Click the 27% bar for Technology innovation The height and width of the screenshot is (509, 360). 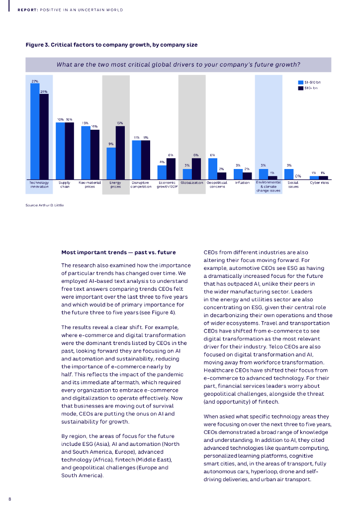[34, 131]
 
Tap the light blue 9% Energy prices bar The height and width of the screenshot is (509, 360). [111, 164]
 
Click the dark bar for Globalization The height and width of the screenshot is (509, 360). [196, 169]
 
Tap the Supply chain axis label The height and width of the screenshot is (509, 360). [65, 184]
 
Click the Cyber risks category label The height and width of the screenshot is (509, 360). [319, 182]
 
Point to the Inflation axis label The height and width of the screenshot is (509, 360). [242, 182]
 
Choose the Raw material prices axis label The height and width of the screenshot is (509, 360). [90, 184]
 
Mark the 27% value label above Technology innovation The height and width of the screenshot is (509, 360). [34, 81]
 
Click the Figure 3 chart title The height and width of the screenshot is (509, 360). [111, 45]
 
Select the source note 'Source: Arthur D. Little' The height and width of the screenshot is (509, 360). [45, 205]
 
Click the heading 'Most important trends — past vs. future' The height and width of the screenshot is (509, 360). [118, 252]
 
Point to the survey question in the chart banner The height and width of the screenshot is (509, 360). [178, 65]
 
